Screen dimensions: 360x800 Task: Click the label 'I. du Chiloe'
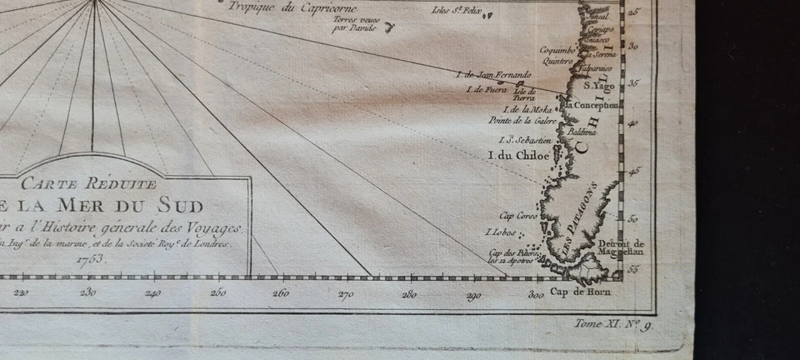pyautogui.click(x=518, y=156)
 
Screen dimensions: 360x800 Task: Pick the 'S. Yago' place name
pyautogui.click(x=598, y=86)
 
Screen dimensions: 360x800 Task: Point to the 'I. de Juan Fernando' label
pyautogui.click(x=493, y=75)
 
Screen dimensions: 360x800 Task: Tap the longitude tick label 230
pyautogui.click(x=88, y=292)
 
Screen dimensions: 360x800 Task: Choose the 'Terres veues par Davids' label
pyautogui.click(x=353, y=24)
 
